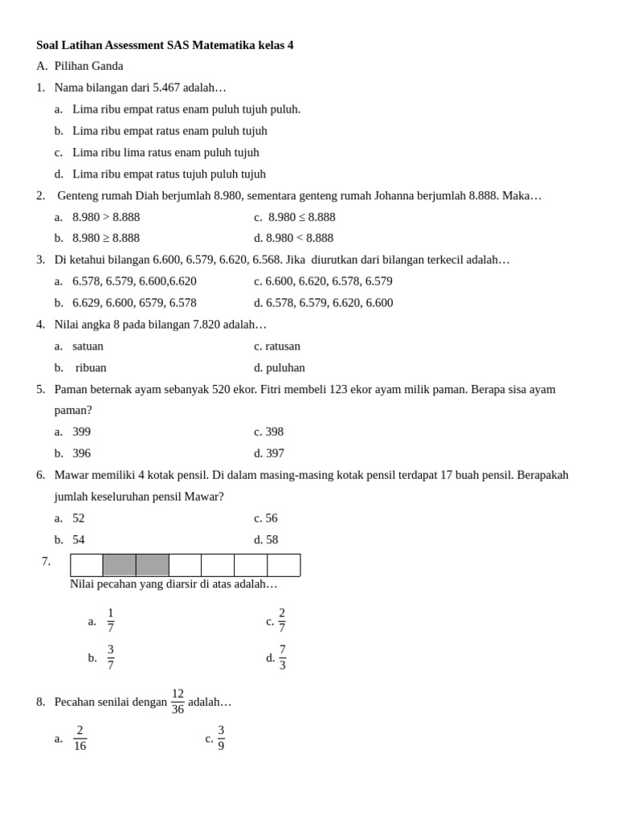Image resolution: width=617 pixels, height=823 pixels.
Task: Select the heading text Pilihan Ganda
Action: click(x=88, y=66)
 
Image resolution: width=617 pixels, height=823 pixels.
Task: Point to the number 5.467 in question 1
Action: click(x=166, y=88)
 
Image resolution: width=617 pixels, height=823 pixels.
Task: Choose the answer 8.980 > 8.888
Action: click(x=106, y=217)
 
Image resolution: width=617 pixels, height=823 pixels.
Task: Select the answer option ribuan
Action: click(x=91, y=367)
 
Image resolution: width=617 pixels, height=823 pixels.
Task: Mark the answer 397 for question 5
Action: click(x=275, y=453)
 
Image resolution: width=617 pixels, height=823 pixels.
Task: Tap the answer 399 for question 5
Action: click(x=81, y=432)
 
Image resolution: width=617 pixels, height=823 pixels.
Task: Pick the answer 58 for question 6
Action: click(x=272, y=539)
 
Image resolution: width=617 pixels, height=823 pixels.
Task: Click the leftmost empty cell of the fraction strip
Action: click(x=87, y=565)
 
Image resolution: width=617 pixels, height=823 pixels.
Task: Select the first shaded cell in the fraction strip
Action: click(x=120, y=565)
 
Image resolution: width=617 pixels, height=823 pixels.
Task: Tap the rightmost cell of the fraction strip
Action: click(x=284, y=565)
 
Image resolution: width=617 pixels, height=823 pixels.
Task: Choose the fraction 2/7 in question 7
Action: click(x=282, y=620)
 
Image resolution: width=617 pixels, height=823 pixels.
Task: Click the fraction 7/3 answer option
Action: click(x=282, y=657)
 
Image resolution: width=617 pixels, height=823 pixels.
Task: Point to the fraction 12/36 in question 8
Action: click(x=178, y=702)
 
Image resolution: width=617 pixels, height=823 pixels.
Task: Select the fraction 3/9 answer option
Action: click(x=221, y=738)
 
